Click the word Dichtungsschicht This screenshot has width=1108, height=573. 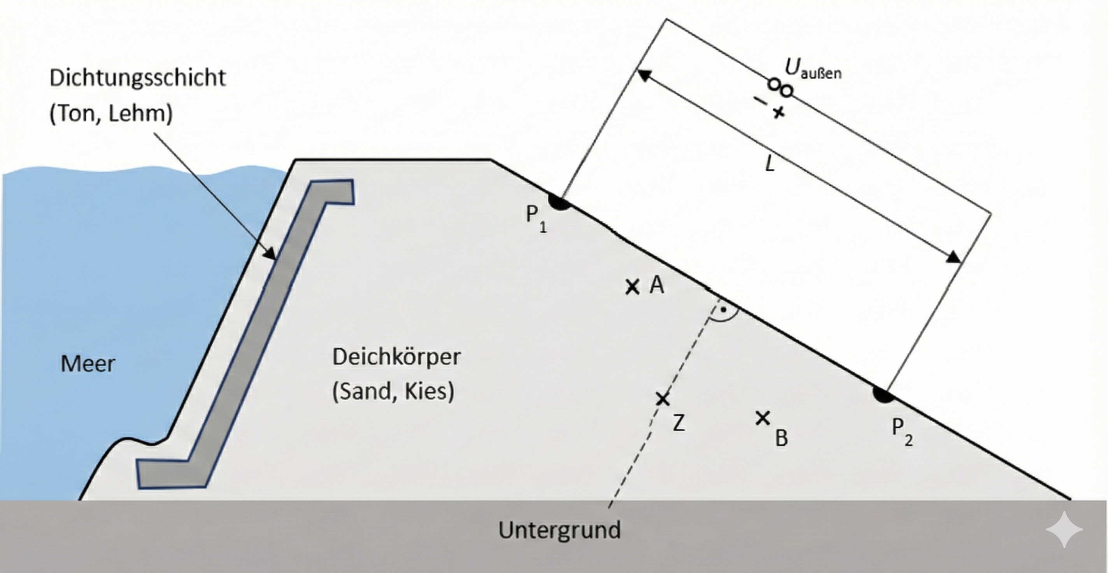137,78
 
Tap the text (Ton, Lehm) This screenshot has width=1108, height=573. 111,114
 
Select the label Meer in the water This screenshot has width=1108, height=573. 88,364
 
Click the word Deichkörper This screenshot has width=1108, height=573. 396,357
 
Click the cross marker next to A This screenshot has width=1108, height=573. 632,287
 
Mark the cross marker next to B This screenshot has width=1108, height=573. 763,418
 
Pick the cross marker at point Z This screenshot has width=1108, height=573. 663,399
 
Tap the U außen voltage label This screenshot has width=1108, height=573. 812,70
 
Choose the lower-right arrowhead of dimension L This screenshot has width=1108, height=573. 954,258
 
